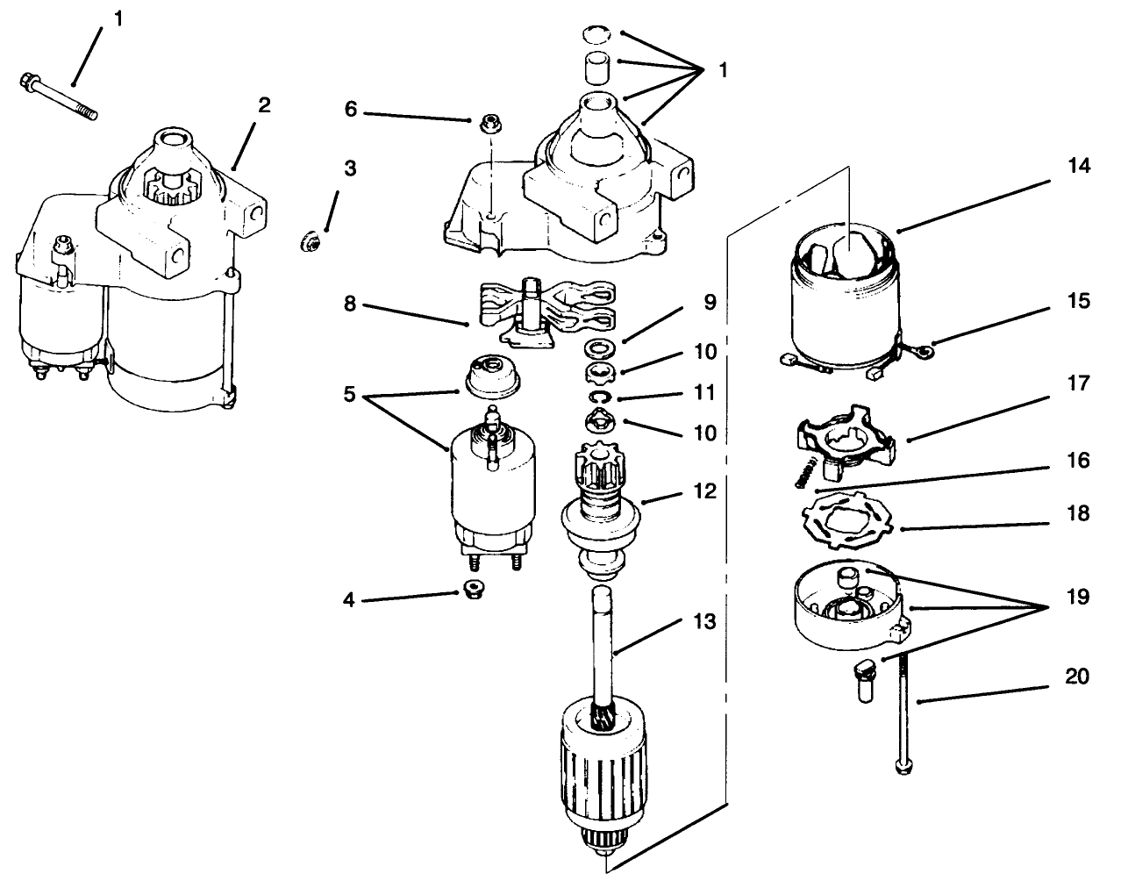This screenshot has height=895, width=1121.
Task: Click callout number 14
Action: point(1079,167)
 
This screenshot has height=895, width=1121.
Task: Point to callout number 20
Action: point(1078,677)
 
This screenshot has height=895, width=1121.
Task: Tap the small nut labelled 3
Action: point(310,238)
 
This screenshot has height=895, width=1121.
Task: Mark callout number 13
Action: point(703,622)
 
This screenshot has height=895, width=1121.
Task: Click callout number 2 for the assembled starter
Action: point(264,106)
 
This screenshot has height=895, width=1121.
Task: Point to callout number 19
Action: point(1078,598)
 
